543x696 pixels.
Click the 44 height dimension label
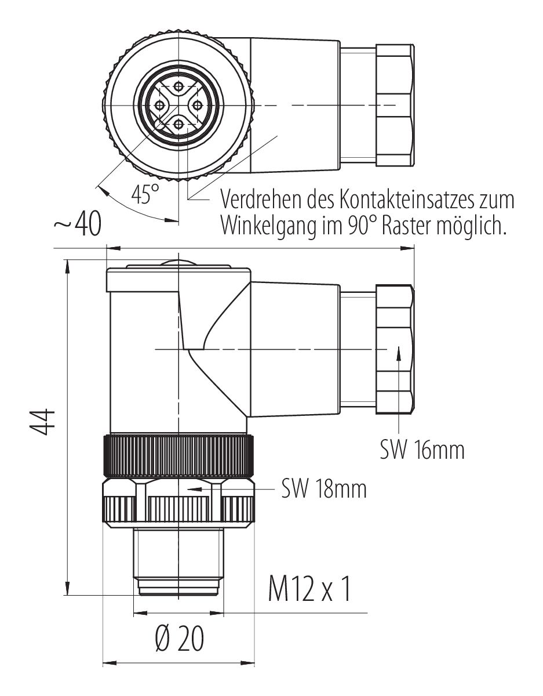point(42,421)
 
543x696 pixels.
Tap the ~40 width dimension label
point(78,223)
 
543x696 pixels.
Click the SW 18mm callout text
point(324,489)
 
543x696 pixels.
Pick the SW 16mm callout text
point(422,450)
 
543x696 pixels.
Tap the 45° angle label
point(145,194)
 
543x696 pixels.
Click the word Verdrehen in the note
point(261,200)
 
